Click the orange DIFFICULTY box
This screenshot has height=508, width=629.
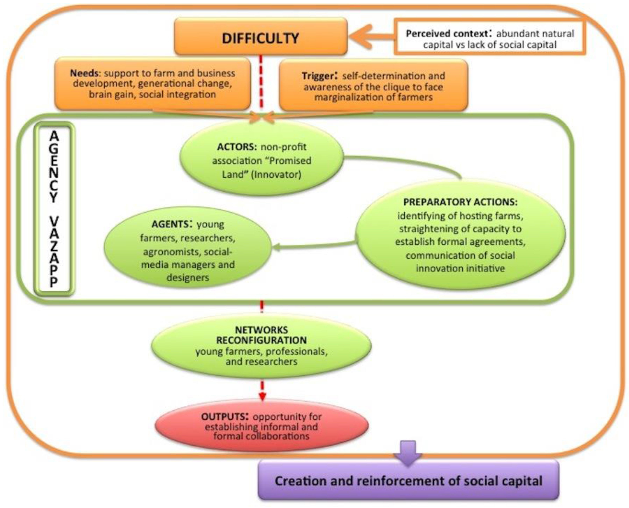pyautogui.click(x=260, y=37)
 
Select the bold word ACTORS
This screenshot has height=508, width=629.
pyautogui.click(x=236, y=147)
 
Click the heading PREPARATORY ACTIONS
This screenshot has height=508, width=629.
pyautogui.click(x=460, y=202)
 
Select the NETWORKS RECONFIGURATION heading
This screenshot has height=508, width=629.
pyautogui.click(x=261, y=335)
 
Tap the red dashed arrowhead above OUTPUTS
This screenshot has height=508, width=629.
pyautogui.click(x=262, y=396)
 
